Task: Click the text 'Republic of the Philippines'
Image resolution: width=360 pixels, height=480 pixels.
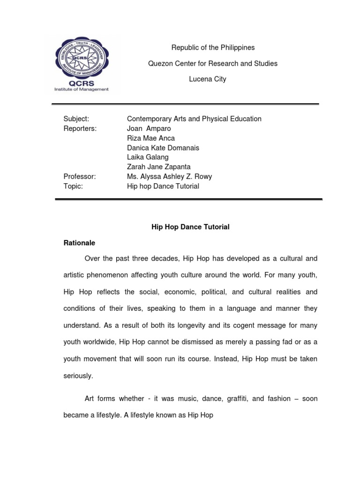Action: (213, 47)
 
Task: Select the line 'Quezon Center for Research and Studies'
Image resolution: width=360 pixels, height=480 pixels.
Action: (213, 63)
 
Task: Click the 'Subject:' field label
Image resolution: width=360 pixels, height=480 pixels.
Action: (76, 119)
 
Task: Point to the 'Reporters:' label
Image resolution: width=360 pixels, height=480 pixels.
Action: (80, 128)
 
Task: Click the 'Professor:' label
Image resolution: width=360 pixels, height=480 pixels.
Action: (80, 176)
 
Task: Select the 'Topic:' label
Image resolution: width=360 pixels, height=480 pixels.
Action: (73, 186)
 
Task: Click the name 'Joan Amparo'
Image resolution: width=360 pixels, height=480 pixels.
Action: (149, 128)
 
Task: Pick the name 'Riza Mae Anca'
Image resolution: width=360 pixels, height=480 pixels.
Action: (151, 138)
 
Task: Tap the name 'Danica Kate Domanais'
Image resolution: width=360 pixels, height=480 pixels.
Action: (163, 148)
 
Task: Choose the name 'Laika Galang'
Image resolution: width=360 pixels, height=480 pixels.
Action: (148, 157)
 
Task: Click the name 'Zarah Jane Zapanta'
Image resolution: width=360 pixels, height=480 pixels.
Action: (159, 167)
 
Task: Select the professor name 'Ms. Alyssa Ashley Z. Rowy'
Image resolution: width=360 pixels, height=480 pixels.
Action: (170, 176)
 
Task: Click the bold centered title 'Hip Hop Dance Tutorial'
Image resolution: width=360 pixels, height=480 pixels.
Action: (190, 227)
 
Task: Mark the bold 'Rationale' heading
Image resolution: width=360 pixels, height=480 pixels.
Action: (79, 243)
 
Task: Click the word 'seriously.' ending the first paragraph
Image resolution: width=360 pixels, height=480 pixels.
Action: (78, 375)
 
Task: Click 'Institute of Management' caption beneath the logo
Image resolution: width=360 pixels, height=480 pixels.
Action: (82, 89)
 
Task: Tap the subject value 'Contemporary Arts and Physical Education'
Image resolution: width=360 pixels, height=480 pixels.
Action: (194, 119)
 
